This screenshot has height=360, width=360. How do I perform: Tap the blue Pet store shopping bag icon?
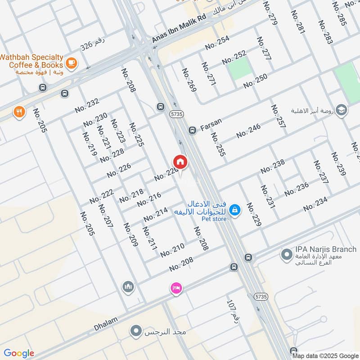click(234, 209)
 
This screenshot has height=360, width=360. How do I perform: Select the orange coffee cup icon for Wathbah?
click(71, 62)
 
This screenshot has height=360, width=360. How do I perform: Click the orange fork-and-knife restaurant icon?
click(18, 112)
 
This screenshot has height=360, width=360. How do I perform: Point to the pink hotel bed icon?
click(175, 288)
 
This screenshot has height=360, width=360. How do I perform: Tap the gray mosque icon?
click(128, 286)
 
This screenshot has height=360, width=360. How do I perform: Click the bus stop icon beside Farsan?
click(192, 130)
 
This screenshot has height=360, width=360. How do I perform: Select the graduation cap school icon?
click(342, 110)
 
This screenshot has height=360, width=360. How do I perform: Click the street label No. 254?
click(217, 43)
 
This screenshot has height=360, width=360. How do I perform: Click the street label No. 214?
click(156, 214)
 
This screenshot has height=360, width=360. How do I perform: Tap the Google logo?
click(18, 353)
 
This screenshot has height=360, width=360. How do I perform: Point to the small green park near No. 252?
click(239, 69)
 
